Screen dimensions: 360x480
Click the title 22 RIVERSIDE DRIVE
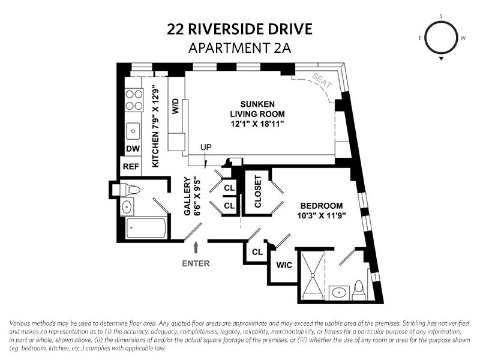tap(240, 29)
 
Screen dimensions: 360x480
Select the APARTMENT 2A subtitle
tap(240, 48)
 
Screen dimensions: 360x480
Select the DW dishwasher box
tap(131, 149)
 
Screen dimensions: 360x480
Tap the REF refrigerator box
tap(131, 166)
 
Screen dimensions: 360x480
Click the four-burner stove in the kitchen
tap(133, 100)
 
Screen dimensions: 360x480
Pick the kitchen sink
tap(132, 131)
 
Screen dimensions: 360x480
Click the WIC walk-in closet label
tap(284, 265)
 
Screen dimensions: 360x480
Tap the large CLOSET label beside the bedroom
tap(258, 191)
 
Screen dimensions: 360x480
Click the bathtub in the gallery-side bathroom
tap(147, 228)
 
